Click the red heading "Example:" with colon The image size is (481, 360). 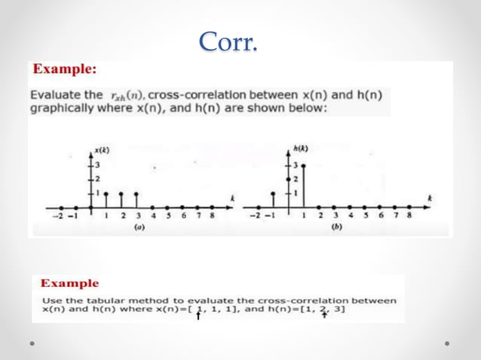point(65,69)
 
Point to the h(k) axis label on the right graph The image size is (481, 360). point(301,148)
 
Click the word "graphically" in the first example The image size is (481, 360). point(55,108)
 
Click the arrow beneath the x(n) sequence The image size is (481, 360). point(198,316)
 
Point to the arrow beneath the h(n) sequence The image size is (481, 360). point(324,316)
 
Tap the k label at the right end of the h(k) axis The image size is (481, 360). point(429,197)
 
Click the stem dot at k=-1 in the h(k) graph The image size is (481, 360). point(273,193)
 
